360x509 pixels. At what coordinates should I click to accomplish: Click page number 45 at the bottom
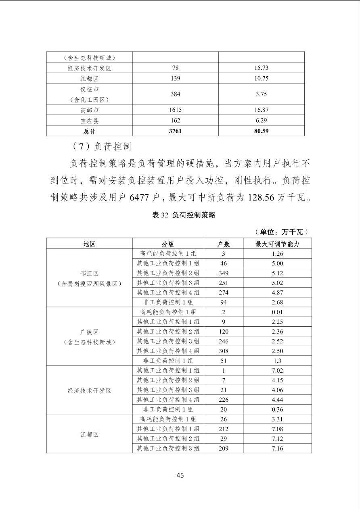click(x=180, y=475)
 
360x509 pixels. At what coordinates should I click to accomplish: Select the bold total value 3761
click(x=175, y=131)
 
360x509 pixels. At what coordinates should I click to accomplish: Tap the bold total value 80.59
click(x=261, y=131)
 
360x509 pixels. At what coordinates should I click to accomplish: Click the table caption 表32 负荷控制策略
click(x=184, y=215)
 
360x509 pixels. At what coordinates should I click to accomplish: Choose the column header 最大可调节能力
click(x=277, y=244)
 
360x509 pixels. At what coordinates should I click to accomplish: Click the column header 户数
click(x=224, y=244)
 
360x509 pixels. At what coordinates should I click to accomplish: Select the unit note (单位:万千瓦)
click(x=282, y=232)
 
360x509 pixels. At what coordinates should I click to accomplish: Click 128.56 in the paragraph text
click(x=257, y=198)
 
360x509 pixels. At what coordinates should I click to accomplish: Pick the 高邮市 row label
click(x=89, y=110)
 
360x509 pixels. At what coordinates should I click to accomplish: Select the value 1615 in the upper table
click(x=175, y=110)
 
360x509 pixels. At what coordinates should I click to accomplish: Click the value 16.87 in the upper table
click(x=261, y=110)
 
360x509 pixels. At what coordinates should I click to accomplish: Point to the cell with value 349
click(x=224, y=273)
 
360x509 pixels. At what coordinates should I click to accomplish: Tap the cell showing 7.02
click(x=277, y=371)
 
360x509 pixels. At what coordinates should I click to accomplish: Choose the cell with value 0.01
click(x=277, y=312)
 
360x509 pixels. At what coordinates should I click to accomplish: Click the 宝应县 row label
click(x=89, y=121)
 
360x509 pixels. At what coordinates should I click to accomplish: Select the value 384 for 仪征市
click(x=175, y=94)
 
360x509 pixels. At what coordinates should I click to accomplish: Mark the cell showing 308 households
click(x=224, y=351)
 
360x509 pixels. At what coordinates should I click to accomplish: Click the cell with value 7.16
click(x=277, y=449)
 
